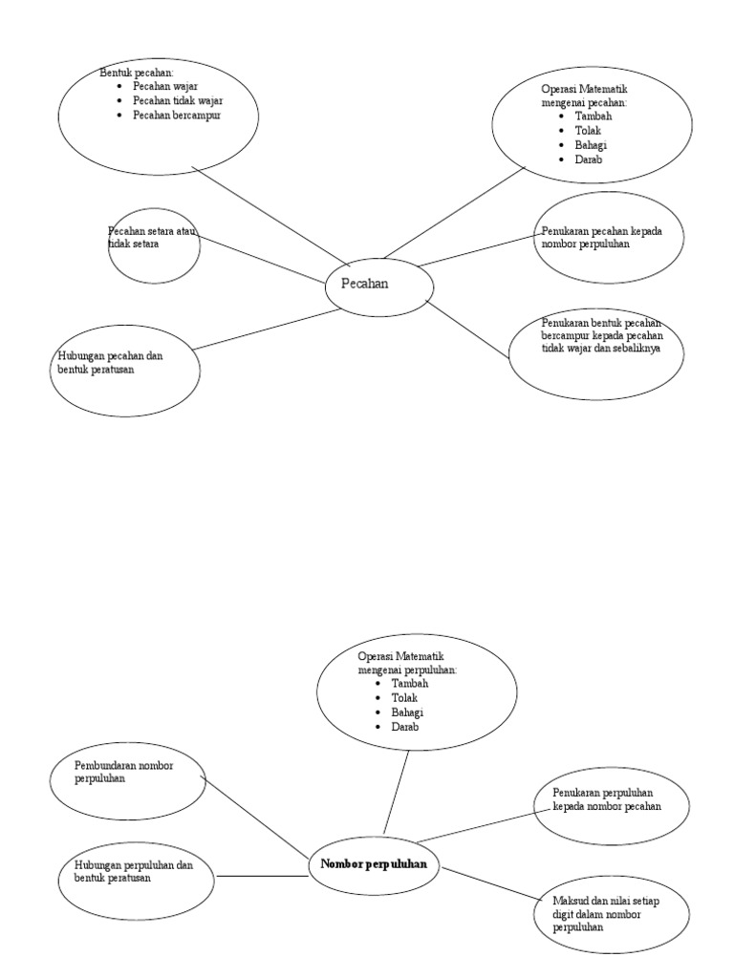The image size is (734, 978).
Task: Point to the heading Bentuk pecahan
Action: pyautogui.click(x=137, y=73)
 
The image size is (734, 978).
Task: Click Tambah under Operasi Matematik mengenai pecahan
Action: pyautogui.click(x=594, y=117)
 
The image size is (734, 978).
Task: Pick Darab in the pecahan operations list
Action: pyautogui.click(x=589, y=159)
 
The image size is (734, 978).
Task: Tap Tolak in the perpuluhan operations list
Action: pyautogui.click(x=404, y=698)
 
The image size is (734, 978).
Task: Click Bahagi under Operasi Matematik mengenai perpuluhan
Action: pyautogui.click(x=407, y=712)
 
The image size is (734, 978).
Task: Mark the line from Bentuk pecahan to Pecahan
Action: pyautogui.click(x=268, y=213)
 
